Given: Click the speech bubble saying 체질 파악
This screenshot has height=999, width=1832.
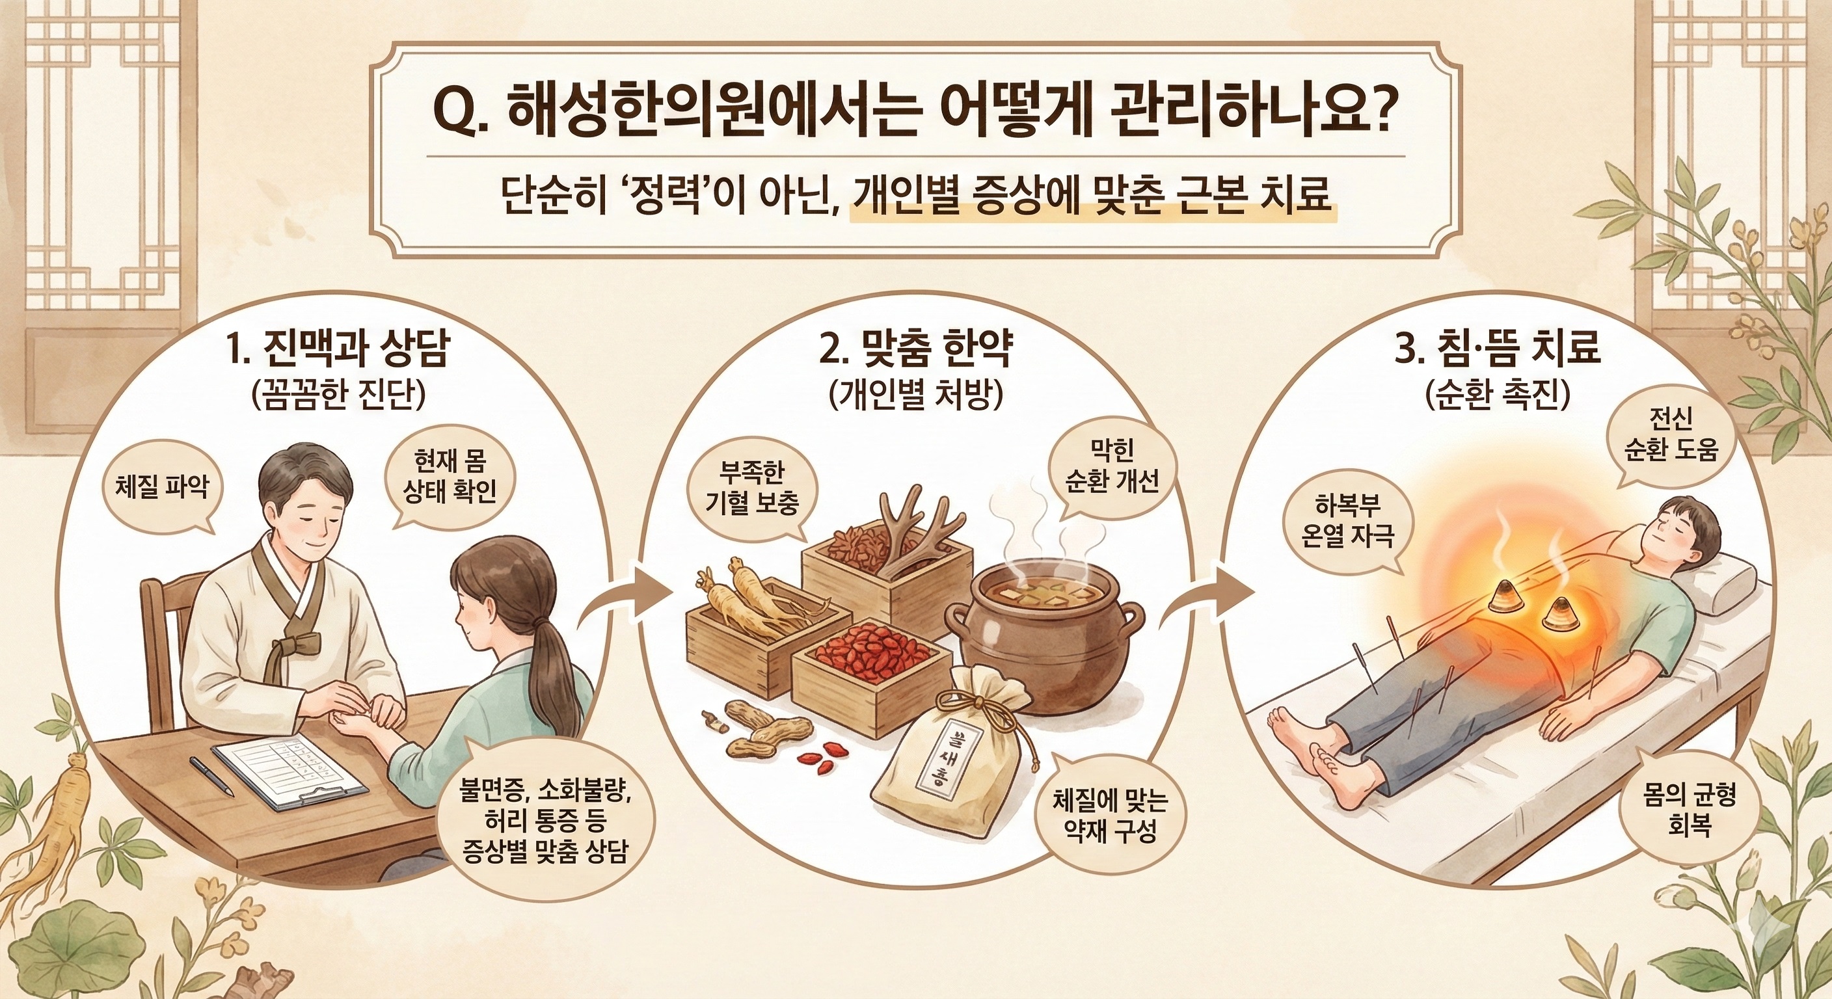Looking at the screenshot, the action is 162,489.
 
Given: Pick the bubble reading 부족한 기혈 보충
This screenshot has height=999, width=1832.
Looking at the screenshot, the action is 751,489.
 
